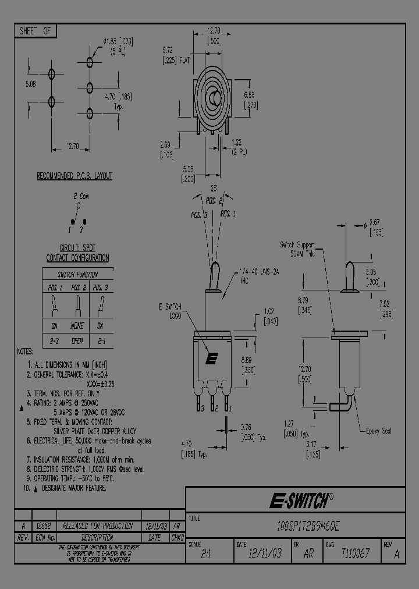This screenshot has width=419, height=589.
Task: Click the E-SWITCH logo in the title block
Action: [301, 501]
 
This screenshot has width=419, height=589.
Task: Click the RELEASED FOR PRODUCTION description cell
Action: [97, 526]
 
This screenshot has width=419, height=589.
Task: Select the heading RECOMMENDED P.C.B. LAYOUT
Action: [74, 176]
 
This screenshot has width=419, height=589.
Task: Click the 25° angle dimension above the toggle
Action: [214, 189]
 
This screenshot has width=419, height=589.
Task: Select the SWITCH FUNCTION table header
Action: [77, 274]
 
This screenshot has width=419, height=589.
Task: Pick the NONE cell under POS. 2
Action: [77, 326]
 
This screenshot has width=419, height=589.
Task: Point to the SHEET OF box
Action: [35, 31]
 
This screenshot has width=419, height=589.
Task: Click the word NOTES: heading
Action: [25, 352]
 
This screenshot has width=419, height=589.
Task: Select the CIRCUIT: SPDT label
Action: [77, 249]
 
